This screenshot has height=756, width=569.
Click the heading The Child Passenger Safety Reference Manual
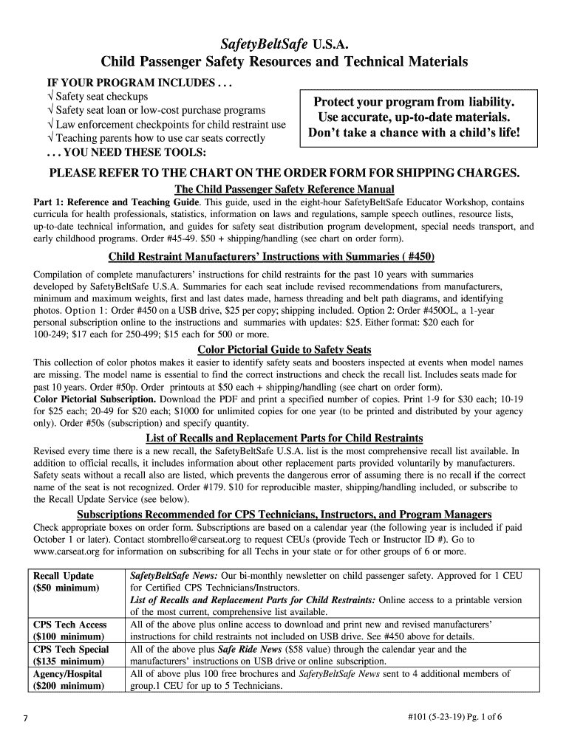point(284,190)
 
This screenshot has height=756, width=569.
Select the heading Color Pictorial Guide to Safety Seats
point(284,349)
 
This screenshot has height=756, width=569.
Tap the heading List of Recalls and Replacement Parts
point(284,439)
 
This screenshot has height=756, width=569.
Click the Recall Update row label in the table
point(64,575)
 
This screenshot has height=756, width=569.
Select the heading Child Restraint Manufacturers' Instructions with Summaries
point(271,257)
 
